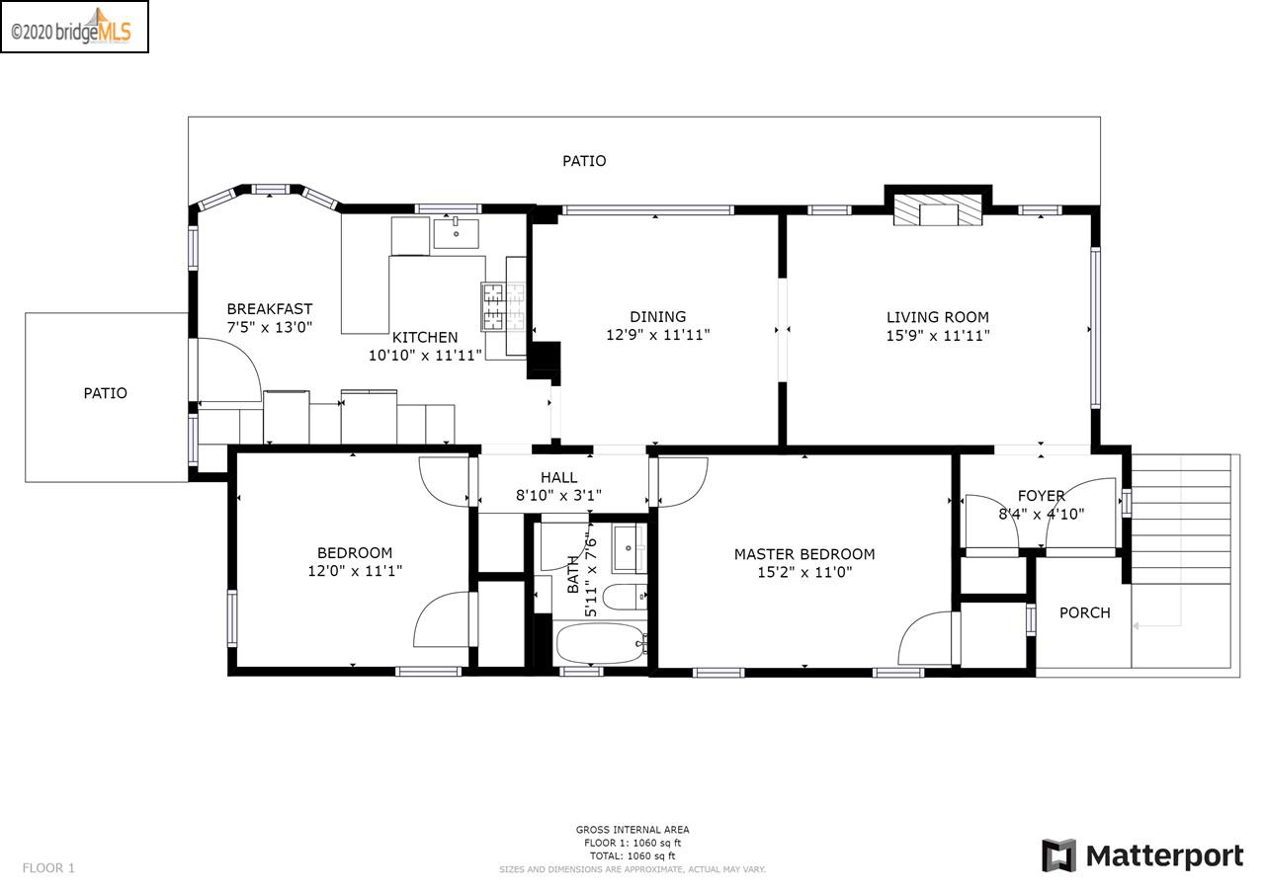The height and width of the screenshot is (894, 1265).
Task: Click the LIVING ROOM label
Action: click(x=937, y=317)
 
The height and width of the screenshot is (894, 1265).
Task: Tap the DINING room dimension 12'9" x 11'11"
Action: click(x=657, y=335)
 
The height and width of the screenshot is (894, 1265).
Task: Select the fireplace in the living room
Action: click(x=938, y=210)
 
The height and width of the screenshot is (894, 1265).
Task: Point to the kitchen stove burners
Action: click(x=493, y=305)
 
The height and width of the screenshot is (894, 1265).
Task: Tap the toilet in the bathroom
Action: click(x=624, y=598)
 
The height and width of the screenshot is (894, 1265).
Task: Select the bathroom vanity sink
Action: click(x=628, y=548)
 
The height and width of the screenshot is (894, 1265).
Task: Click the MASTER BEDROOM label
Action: click(x=803, y=554)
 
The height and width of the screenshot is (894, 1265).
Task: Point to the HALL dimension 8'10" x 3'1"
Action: click(x=558, y=496)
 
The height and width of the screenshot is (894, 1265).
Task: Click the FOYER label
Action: click(x=1041, y=496)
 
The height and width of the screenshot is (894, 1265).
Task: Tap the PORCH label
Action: click(x=1084, y=612)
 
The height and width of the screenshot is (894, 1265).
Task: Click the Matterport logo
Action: click(x=1142, y=854)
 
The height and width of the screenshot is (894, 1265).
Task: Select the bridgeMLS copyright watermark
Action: click(x=74, y=27)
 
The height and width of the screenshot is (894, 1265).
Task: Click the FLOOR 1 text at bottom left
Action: click(x=48, y=868)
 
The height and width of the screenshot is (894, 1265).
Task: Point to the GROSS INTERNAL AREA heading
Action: click(x=632, y=830)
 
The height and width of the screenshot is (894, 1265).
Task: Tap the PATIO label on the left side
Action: click(x=105, y=393)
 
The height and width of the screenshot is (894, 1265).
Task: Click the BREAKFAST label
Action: click(x=269, y=309)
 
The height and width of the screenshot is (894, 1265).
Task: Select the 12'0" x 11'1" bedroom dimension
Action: click(x=355, y=571)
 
